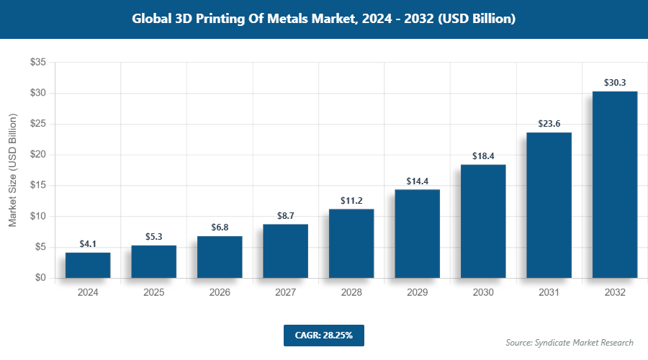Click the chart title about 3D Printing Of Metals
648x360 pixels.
pos(324,19)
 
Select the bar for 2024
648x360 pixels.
pos(88,265)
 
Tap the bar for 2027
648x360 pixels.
pos(285,251)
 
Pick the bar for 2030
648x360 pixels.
pos(483,221)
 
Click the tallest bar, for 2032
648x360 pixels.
pos(615,184)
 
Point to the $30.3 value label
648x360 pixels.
pos(615,83)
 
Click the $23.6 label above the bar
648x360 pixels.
pos(549,124)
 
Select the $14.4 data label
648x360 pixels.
pos(417,181)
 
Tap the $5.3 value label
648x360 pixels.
pos(153,237)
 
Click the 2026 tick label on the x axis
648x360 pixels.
pos(220,293)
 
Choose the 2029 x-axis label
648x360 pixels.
pos(417,293)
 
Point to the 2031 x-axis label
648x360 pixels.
pos(549,293)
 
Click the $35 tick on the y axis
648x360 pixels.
pos(37,63)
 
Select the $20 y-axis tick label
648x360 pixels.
pos(37,155)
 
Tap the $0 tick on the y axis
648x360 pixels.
pos(40,278)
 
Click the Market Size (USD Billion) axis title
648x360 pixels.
pos(12,171)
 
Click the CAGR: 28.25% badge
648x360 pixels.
pos(323,335)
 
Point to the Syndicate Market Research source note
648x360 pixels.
pos(570,342)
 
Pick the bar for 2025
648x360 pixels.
pos(153,261)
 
